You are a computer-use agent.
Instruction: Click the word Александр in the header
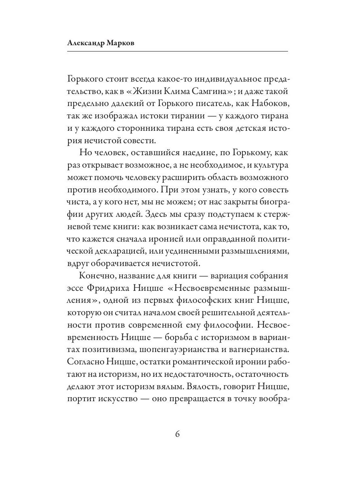click(x=85, y=43)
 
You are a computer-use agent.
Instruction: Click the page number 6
click(x=178, y=434)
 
